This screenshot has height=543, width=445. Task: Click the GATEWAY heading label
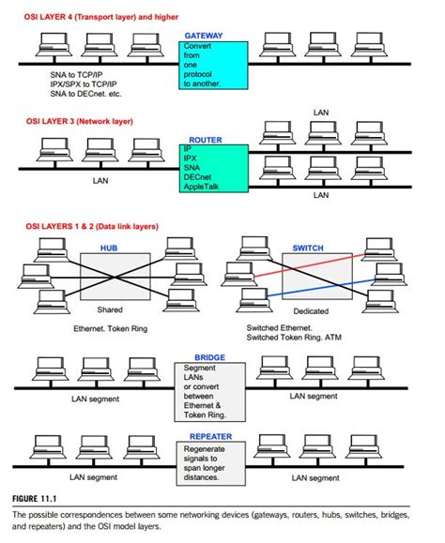pyautogui.click(x=204, y=35)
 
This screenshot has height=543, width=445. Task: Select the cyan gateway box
pyautogui.click(x=215, y=66)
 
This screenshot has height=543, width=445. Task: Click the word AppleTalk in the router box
pyautogui.click(x=207, y=186)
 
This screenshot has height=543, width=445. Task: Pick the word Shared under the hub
pyautogui.click(x=110, y=309)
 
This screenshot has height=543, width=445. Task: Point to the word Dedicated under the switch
pyautogui.click(x=309, y=309)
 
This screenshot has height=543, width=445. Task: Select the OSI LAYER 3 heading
pyautogui.click(x=82, y=122)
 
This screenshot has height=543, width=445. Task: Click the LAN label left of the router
pyautogui.click(x=100, y=180)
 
